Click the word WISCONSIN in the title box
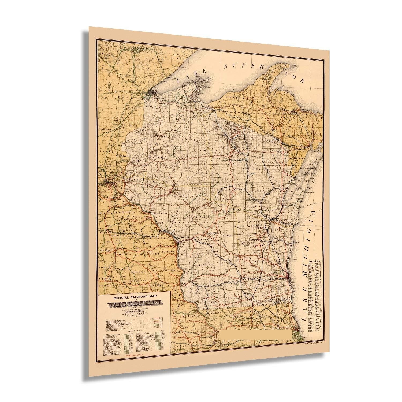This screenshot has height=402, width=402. point(135,304)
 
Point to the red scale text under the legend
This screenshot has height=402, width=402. point(135,355)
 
